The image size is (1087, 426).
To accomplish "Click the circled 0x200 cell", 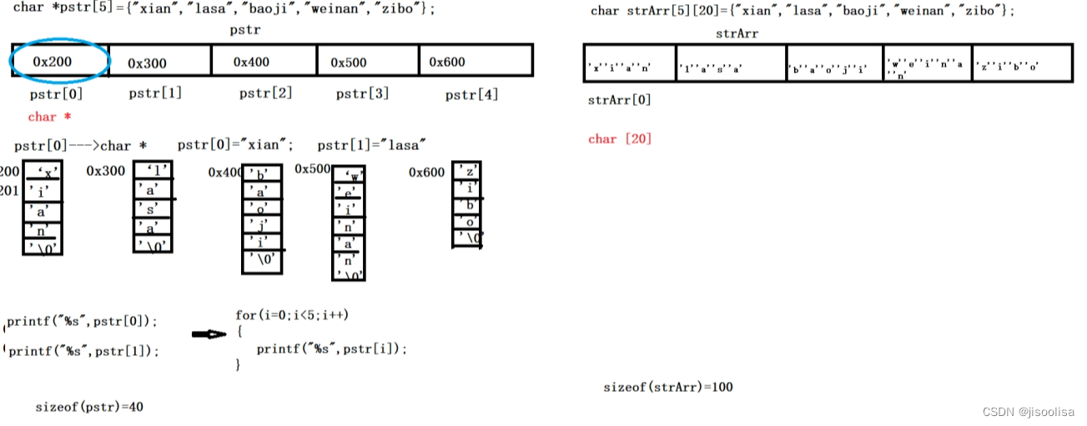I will point(58,61).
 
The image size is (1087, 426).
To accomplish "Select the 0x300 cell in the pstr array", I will point(148,63).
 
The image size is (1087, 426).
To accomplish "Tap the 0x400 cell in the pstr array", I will point(251,62).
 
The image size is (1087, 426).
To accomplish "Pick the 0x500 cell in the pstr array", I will point(349,62).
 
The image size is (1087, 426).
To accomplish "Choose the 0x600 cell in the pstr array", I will point(447,62).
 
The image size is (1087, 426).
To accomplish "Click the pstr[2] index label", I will point(265,93).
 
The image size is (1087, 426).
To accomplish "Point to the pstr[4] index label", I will point(471,94).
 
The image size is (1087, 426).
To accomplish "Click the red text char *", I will point(49,117).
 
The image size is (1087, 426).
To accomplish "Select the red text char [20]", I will point(619,138).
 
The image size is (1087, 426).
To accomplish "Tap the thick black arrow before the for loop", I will point(209,334).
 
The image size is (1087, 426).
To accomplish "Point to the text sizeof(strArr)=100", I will point(667,387).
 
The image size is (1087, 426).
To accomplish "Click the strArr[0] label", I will point(619,100).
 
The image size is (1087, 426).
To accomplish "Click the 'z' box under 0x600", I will point(467,172).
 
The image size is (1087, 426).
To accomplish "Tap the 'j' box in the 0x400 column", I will point(261,225).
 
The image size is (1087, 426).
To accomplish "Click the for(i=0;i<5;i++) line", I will point(291,315).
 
